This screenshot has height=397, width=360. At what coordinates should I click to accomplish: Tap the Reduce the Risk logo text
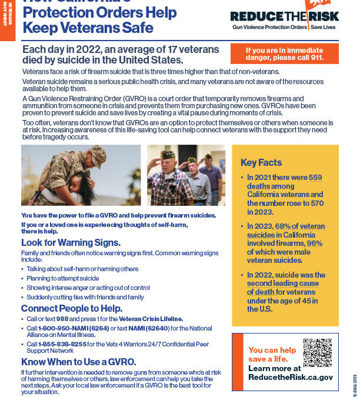coord(284,17)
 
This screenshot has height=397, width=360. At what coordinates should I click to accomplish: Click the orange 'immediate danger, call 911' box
coord(284,54)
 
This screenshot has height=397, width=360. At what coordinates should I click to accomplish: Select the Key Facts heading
coord(261,162)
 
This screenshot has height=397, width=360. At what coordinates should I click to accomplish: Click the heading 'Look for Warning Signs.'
coord(71,242)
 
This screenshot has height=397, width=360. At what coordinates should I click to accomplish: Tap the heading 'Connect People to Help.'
coord(72,308)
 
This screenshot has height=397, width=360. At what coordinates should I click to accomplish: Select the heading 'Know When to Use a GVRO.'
coord(78,361)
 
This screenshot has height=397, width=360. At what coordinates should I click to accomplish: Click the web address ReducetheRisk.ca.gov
coord(291,378)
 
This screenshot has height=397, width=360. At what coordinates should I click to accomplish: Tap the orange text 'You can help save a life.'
coord(268,354)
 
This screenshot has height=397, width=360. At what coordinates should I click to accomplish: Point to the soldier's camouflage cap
coord(96,155)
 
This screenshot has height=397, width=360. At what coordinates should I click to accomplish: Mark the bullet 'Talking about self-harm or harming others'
coord(82,269)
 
